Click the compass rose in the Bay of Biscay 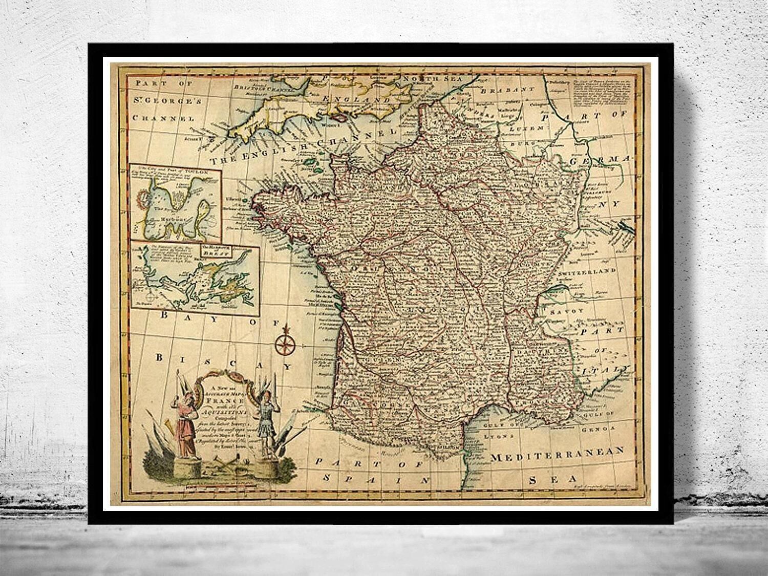pos(283,344)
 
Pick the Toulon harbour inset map pos(175,202)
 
